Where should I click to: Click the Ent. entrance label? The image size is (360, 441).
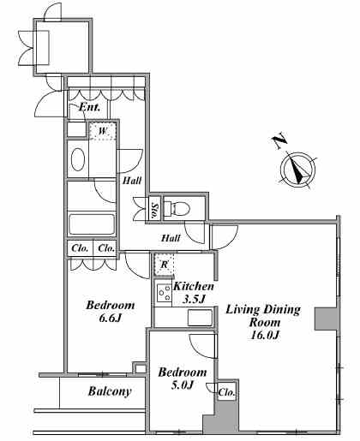[x=89, y=107]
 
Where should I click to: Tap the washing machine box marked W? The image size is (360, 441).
[x=103, y=131]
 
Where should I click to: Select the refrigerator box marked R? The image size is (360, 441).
[x=165, y=265]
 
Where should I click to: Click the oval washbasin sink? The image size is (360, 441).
[x=78, y=159]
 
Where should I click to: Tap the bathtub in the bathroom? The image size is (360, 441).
[x=92, y=224]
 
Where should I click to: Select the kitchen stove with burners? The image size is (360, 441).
[x=164, y=293]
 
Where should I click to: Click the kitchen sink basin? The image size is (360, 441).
[x=200, y=318]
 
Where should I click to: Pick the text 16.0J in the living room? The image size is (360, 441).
[x=264, y=335]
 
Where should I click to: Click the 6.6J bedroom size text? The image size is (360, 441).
[x=111, y=318]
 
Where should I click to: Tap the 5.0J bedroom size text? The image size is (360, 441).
[x=183, y=385]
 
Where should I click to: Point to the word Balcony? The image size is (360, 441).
[x=110, y=391]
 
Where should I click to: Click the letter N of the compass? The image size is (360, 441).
[x=279, y=140]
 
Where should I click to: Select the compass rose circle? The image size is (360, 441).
[x=297, y=170]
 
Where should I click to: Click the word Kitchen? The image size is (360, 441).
[x=194, y=286]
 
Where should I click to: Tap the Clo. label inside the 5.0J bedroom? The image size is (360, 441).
[x=226, y=393]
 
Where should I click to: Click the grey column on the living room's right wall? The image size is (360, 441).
[x=326, y=319]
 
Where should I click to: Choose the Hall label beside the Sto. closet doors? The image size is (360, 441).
[x=132, y=181]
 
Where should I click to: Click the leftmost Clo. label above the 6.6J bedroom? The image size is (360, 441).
[x=80, y=248]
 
